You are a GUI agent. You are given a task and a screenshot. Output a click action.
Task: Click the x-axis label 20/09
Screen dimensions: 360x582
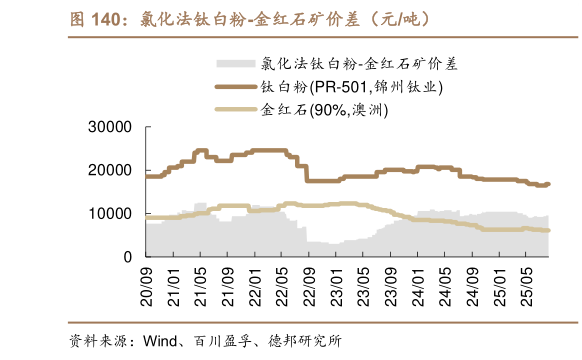pyautogui.click(x=148, y=281)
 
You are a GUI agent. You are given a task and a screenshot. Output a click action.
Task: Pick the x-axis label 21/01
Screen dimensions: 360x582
pyautogui.click(x=173, y=281)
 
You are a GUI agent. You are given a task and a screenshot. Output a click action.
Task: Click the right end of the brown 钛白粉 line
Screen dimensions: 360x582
pyautogui.click(x=549, y=184)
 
